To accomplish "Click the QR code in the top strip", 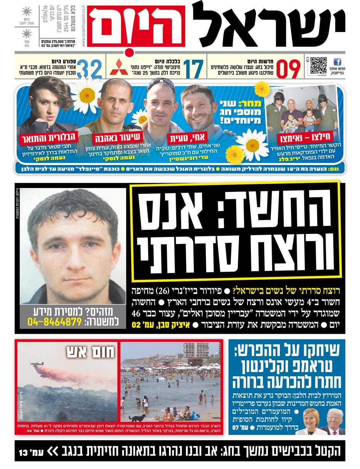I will click(x=318, y=66).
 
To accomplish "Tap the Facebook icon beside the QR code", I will click(x=337, y=62).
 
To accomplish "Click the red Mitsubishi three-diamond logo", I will click(x=119, y=67).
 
